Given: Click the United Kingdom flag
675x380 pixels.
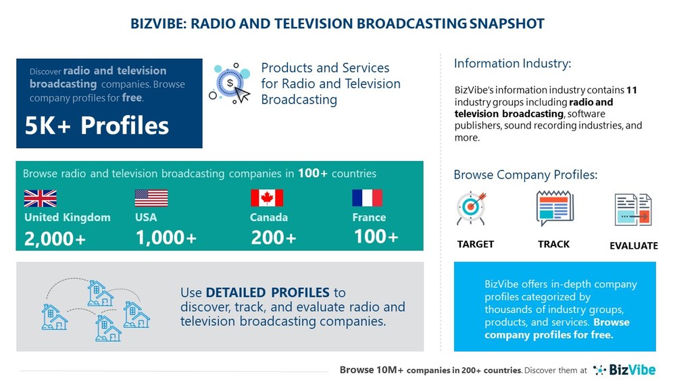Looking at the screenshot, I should coord(40,198).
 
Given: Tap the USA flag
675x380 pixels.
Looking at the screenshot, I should coord(151,198).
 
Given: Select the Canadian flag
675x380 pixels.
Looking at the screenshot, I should coord(267,198).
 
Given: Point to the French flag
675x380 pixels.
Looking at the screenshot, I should coord(367,198).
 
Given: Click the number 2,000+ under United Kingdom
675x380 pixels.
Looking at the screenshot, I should coord(55,239).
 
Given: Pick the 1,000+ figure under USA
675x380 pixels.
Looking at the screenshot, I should coord(166,238).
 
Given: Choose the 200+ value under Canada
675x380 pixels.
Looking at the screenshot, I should coord(274,238).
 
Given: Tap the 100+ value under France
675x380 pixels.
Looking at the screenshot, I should coord(376,237).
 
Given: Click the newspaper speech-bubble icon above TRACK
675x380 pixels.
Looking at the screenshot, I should coord(554,208).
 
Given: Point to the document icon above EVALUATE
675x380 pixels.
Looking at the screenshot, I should coord(633,210).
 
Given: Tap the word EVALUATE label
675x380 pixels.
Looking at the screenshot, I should coord(633,245).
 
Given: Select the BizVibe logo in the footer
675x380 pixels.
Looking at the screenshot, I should coord(626,370).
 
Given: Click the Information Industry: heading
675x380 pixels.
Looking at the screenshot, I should coord(512,64).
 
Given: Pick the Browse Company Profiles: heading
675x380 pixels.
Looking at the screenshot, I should coord(525,175).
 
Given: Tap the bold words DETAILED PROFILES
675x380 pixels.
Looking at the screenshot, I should coord(268,293).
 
